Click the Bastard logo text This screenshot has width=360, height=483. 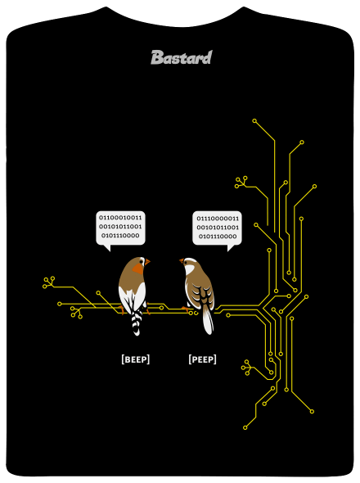182,57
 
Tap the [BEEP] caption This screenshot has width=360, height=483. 136,359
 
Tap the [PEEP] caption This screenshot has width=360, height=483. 202,359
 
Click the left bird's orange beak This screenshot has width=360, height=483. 147,262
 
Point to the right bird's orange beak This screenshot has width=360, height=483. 182,261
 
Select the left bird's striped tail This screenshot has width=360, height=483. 137,323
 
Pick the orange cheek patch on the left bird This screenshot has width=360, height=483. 138,269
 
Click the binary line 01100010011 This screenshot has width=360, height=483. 120,218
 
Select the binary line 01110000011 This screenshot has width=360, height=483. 218,219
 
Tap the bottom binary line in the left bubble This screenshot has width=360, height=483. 120,236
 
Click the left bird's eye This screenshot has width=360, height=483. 142,261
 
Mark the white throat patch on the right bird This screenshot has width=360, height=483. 189,270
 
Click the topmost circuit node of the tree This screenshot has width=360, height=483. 254,121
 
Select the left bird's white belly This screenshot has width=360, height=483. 133,296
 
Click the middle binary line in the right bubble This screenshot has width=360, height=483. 218,228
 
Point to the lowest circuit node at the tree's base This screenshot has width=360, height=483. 245,427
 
